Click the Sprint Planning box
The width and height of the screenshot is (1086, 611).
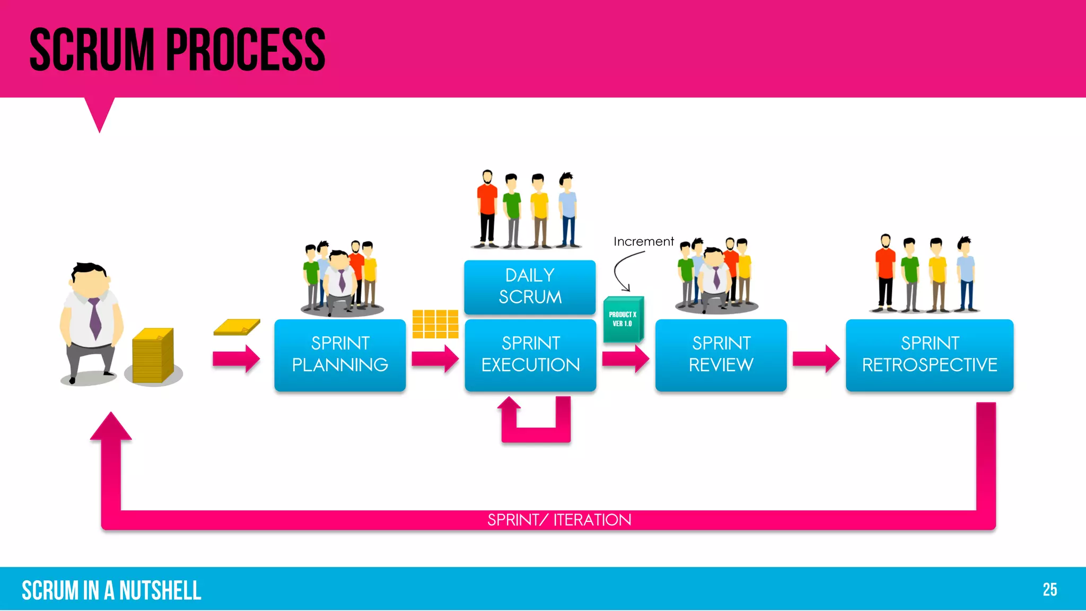tap(340, 354)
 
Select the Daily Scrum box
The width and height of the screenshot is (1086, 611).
tap(530, 286)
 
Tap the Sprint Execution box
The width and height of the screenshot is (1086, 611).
tap(530, 354)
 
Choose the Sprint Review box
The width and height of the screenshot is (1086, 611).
tap(721, 354)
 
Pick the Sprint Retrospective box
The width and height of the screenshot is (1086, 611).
tap(929, 354)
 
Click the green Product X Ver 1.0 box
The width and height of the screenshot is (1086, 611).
tap(623, 319)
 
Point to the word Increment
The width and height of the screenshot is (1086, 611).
tap(643, 242)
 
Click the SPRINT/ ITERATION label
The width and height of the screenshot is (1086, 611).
tap(559, 520)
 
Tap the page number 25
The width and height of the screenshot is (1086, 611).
tap(1049, 590)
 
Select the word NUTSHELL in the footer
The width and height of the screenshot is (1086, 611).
tap(160, 591)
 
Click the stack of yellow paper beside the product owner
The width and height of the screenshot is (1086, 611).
tap(152, 355)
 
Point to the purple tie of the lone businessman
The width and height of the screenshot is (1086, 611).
tap(95, 318)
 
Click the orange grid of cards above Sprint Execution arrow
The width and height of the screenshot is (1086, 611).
tap(435, 324)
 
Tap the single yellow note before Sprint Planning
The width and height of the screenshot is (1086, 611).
tap(237, 327)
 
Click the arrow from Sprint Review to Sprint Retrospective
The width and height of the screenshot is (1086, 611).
tap(816, 359)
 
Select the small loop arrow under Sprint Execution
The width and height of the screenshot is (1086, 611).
tap(536, 427)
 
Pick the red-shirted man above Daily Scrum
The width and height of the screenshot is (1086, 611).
tap(487, 210)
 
